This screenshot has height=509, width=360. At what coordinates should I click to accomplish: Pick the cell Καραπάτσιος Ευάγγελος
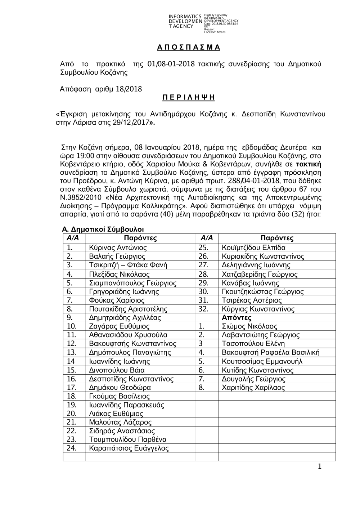(129, 448)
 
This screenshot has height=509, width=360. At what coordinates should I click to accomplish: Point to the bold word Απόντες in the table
(237, 318)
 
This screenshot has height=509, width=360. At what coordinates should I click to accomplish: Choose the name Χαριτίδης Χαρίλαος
(253, 388)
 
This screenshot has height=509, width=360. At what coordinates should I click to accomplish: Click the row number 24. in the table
(72, 448)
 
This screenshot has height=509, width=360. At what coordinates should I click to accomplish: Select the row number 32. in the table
(203, 309)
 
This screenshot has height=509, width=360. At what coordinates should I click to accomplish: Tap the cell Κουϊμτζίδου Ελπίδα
(254, 248)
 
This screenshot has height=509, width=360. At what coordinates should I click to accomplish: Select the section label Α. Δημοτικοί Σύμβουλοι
(103, 229)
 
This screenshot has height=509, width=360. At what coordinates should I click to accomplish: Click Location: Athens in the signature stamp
(215, 32)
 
